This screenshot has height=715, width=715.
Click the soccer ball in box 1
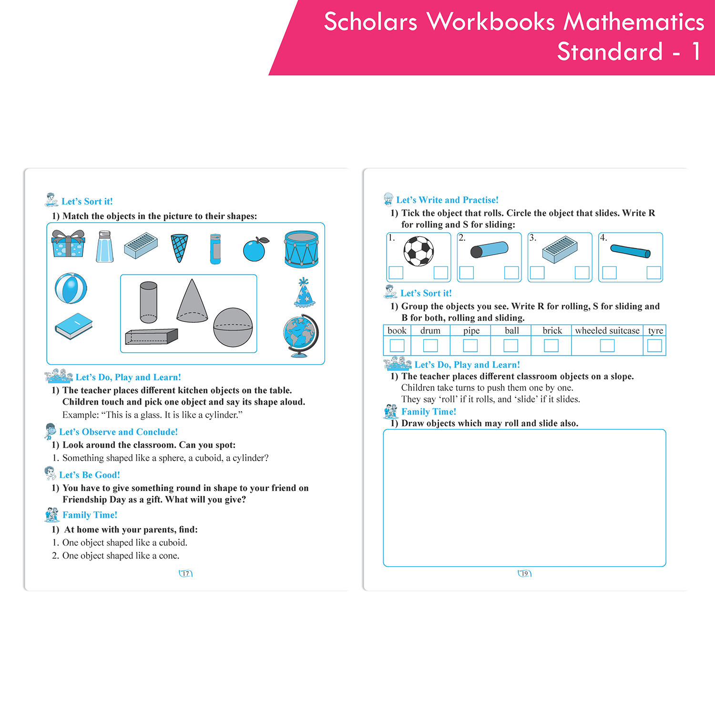[x=419, y=251]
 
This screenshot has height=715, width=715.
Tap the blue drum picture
[x=301, y=249]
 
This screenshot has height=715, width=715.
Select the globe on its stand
[x=300, y=335]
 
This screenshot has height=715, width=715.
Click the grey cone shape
[x=192, y=301]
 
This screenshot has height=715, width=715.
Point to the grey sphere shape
[x=233, y=327]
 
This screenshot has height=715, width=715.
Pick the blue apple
[x=255, y=249]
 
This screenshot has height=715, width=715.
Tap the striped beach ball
[x=71, y=288]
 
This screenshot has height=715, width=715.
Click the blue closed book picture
[x=73, y=326]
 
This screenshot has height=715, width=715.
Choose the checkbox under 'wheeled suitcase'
[x=607, y=346]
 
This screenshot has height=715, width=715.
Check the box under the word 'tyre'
[x=654, y=346]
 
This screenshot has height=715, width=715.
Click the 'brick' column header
[x=552, y=331]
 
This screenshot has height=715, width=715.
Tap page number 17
[x=185, y=573]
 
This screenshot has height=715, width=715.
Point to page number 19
[x=524, y=573]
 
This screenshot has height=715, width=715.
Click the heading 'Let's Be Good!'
[x=89, y=475]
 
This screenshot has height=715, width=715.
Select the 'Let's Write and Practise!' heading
[x=447, y=200]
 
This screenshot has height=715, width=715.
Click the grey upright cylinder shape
[x=148, y=302]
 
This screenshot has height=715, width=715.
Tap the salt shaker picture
[x=104, y=247]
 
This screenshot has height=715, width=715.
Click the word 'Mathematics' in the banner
[x=634, y=22]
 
